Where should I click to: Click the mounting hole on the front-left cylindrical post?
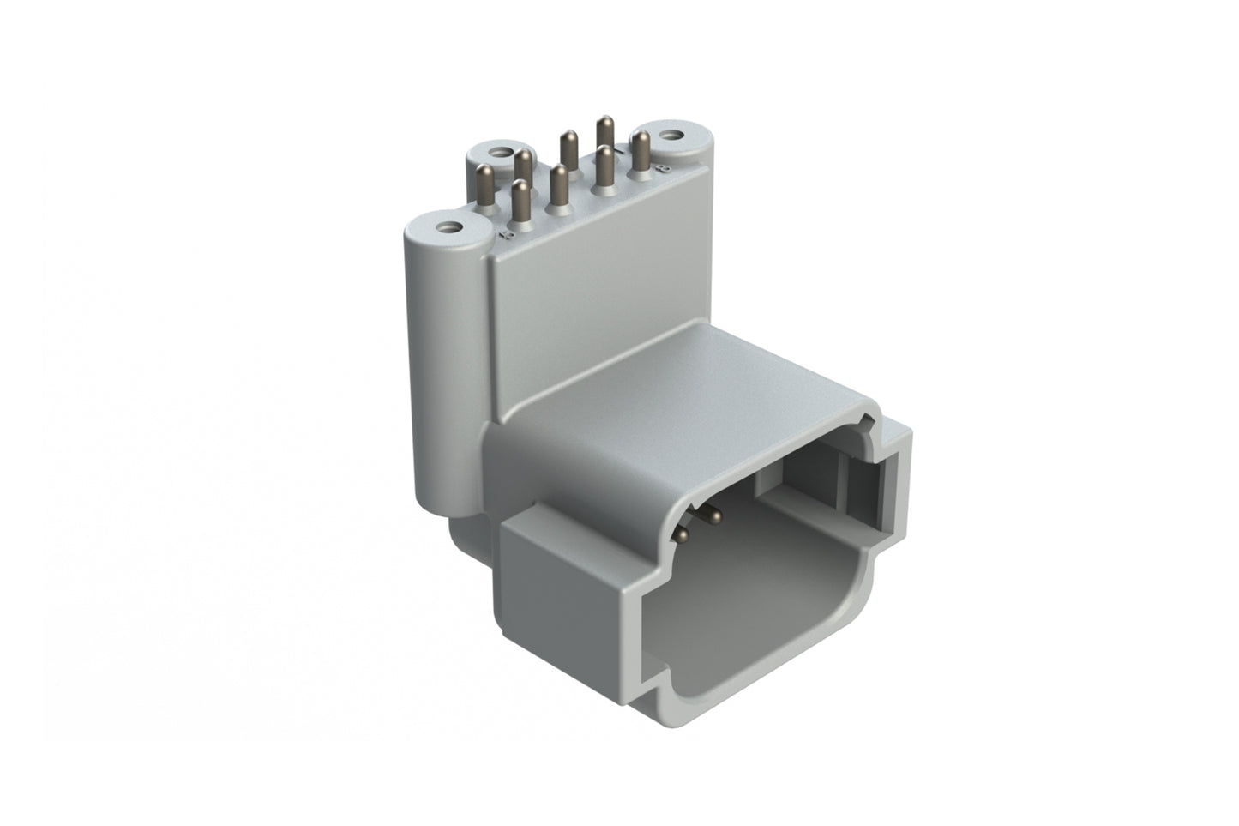point(445,228)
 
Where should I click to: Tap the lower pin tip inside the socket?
point(683,534)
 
